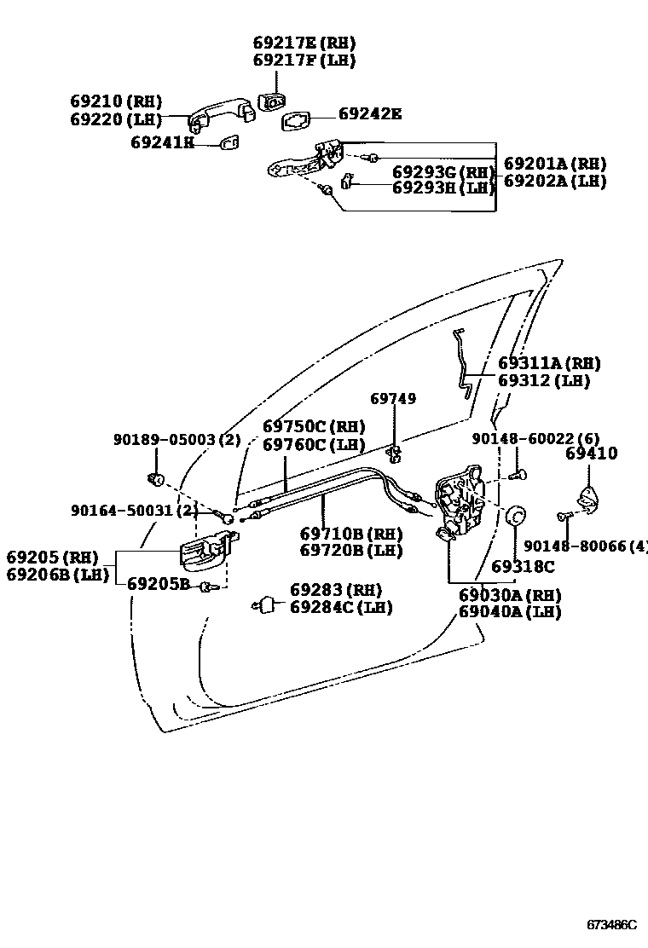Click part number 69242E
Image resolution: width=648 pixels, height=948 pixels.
click(369, 113)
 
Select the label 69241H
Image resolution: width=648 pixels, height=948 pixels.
click(162, 142)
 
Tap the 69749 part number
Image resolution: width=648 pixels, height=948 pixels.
click(393, 399)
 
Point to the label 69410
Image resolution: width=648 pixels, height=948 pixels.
click(591, 454)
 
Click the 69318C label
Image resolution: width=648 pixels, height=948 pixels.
click(523, 567)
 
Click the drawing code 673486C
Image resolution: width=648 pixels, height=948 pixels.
click(611, 925)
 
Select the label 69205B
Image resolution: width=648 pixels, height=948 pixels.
click(159, 584)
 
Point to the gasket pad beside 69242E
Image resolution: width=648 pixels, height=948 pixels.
click(296, 122)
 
